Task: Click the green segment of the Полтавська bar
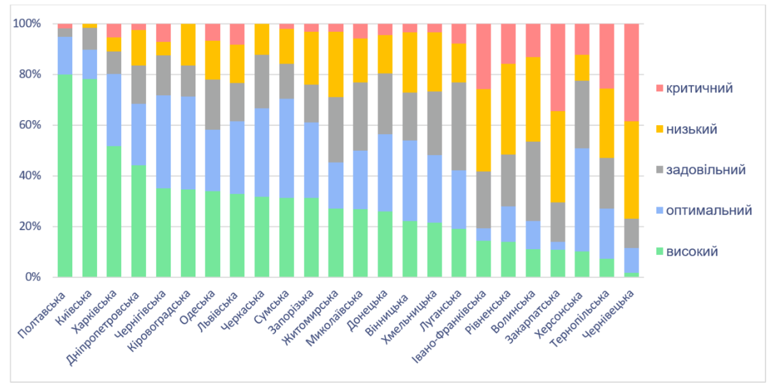pos(64,176)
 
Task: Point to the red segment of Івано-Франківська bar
pos(483,56)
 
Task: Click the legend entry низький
pos(692,129)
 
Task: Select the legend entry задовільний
pos(702,170)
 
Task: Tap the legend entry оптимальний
pos(705,211)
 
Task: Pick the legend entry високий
pos(693,252)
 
